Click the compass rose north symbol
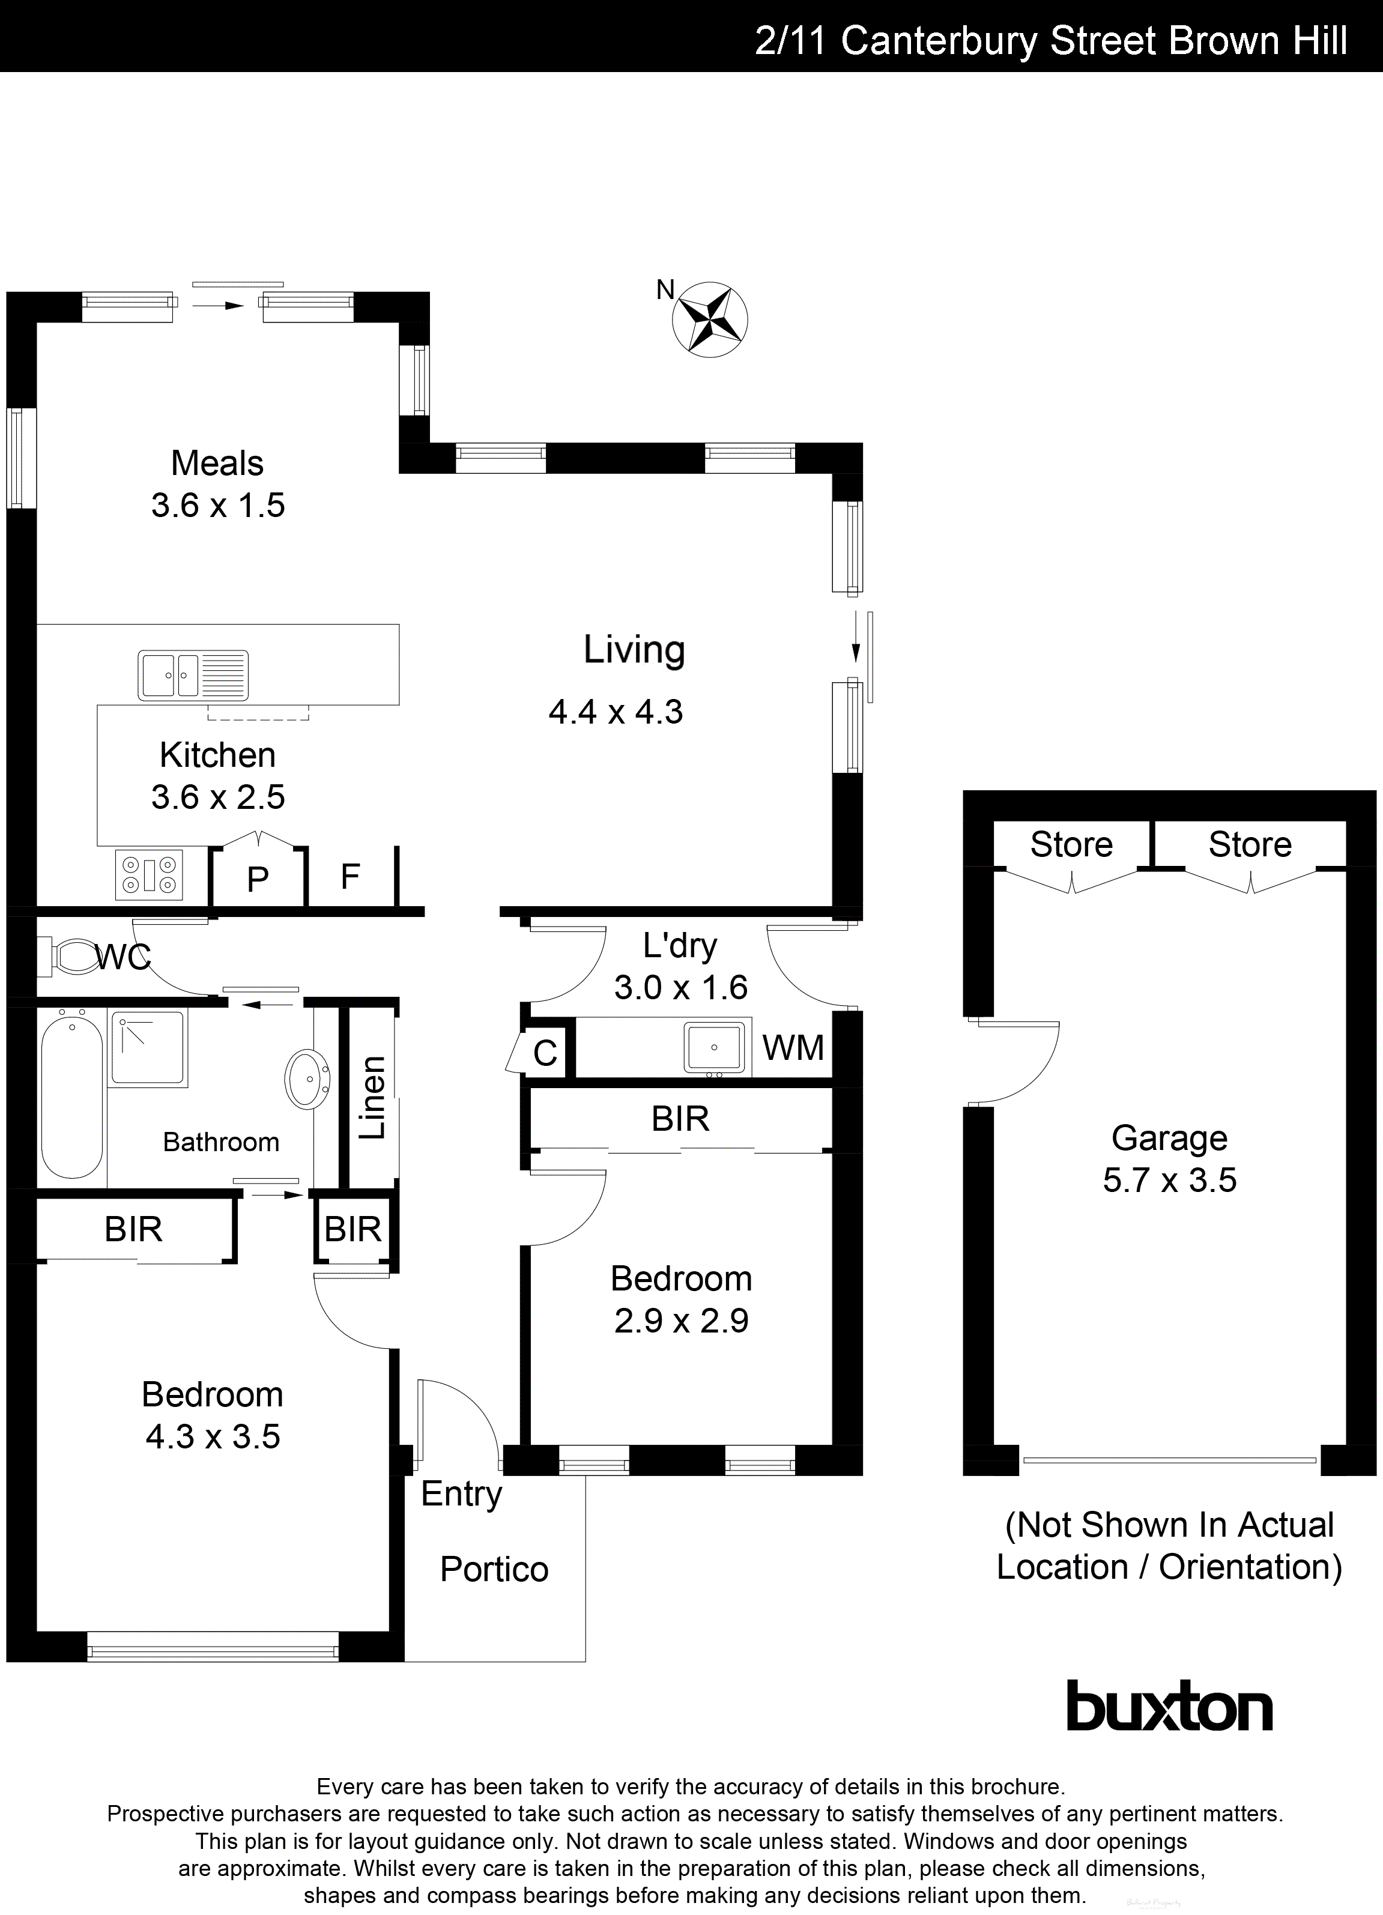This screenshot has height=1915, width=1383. coord(709,319)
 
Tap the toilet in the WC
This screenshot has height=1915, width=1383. coord(74,957)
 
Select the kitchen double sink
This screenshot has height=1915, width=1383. coord(193,674)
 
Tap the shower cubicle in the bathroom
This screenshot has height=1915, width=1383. coord(148,1048)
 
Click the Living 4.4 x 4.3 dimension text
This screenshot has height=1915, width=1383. coord(616,712)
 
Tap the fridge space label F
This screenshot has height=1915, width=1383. coord(350,877)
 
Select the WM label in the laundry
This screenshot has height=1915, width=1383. coord(792,1048)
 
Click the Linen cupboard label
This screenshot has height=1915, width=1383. coord(372,1097)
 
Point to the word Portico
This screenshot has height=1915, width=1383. coord(494,1570)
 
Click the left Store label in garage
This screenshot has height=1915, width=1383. coord(1071,844)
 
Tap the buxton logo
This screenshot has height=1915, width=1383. coord(1169,1707)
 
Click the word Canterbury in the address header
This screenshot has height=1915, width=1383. coord(938,40)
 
